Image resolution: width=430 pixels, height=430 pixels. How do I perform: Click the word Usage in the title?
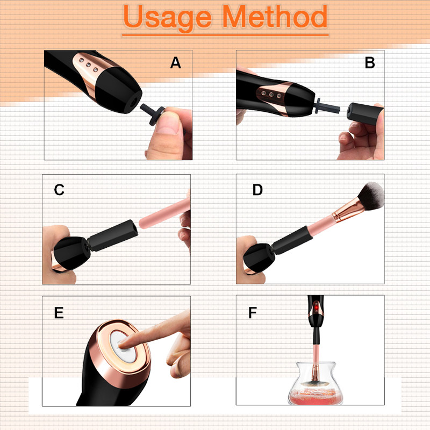pyautogui.click(x=167, y=18)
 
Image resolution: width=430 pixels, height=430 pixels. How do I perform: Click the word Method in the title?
pyautogui.click(x=275, y=16)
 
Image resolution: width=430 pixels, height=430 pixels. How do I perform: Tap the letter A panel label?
pyautogui.click(x=176, y=63)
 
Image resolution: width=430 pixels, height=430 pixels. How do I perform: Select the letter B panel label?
pyautogui.click(x=370, y=63)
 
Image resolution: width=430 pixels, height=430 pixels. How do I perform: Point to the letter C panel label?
pyautogui.click(x=59, y=190)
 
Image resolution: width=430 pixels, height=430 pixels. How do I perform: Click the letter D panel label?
pyautogui.click(x=257, y=190)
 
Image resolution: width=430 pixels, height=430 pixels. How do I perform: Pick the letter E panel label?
pyautogui.click(x=59, y=313)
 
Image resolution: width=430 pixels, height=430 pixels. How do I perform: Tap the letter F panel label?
pyautogui.click(x=252, y=313)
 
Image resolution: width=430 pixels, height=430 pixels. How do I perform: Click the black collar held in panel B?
pyautogui.click(x=365, y=114)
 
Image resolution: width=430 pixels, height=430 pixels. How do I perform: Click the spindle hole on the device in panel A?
pyautogui.click(x=133, y=103)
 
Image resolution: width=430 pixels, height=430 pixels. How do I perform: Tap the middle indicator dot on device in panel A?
pyautogui.click(x=88, y=65)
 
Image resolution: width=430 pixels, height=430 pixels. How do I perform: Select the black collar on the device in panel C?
pyautogui.click(x=113, y=235)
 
